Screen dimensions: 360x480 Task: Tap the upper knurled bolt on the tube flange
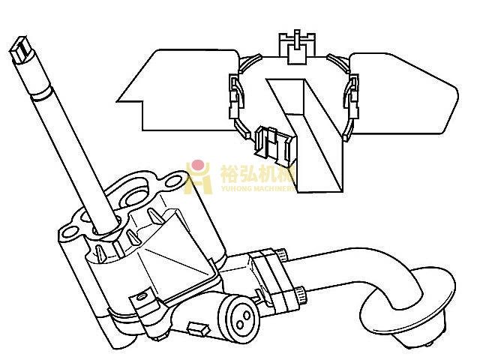coord(279,254)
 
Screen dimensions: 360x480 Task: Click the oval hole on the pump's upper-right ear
coord(175,181)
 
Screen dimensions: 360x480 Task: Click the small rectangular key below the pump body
coord(199,327)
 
